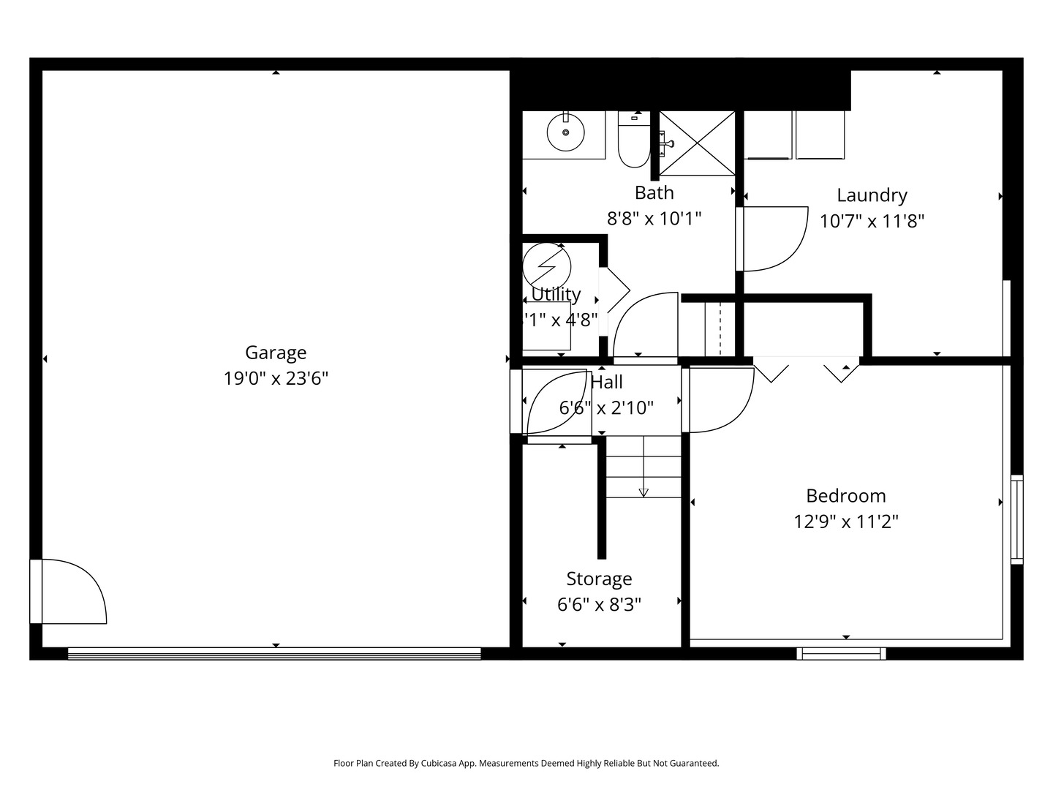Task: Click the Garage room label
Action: click(x=276, y=353)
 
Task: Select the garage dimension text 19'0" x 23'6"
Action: click(x=276, y=378)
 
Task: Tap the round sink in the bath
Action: click(x=565, y=133)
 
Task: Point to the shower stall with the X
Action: click(x=698, y=143)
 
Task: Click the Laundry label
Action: click(x=872, y=195)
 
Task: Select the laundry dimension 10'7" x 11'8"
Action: click(x=872, y=221)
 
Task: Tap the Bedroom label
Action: click(x=845, y=496)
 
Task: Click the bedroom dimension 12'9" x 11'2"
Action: click(x=845, y=522)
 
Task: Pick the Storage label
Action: click(x=599, y=579)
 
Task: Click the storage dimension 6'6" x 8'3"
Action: click(x=599, y=605)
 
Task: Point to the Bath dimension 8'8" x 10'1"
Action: click(x=654, y=218)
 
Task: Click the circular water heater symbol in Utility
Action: click(x=546, y=264)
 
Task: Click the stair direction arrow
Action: click(x=643, y=492)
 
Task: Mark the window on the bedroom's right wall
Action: click(x=1016, y=519)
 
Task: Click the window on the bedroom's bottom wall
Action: click(x=841, y=653)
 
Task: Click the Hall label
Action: click(x=606, y=382)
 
